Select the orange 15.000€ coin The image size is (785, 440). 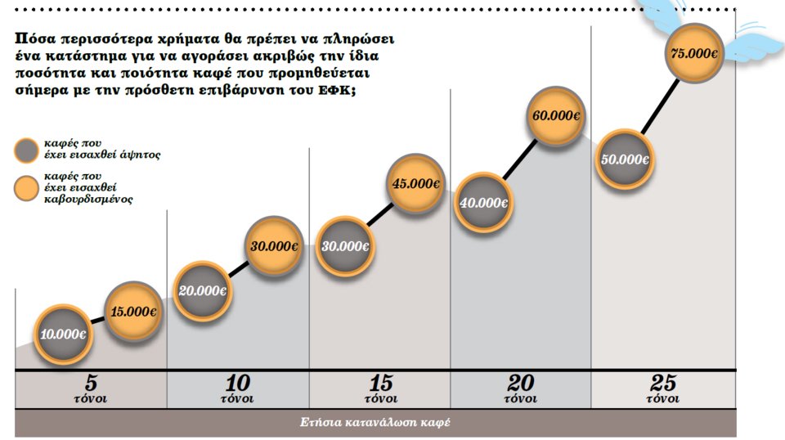[132, 312]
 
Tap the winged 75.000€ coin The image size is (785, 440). [694, 54]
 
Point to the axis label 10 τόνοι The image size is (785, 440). [237, 389]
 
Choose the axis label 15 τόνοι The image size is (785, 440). [380, 389]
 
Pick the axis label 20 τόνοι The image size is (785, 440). [521, 389]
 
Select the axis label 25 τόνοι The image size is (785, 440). [663, 389]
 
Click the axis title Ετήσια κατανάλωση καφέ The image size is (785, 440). [375, 423]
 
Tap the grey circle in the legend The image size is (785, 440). [28, 150]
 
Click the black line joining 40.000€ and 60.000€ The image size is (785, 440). [520, 160]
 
